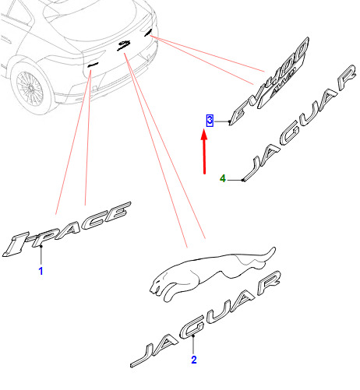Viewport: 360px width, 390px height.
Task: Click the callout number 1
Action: pos(41,271)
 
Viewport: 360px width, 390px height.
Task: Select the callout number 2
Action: pos(194,360)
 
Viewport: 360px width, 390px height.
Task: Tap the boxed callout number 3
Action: pos(210,121)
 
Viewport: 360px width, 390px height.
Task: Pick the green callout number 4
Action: pos(223,178)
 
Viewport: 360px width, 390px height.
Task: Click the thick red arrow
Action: pos(204,152)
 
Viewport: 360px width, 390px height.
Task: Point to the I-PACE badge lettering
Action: pos(66,229)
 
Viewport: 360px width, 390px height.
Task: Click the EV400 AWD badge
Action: pos(269,81)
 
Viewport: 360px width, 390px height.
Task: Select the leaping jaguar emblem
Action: pos(213,274)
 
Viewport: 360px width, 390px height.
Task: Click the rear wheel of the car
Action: pos(30,87)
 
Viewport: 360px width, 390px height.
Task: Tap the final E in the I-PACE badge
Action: pos(119,212)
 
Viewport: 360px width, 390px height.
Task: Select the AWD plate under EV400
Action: pos(281,86)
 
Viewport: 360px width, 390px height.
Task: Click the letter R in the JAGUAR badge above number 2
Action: pos(270,283)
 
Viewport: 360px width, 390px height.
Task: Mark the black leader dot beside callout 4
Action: pos(242,180)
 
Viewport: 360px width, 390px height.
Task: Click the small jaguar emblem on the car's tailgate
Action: pos(124,44)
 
